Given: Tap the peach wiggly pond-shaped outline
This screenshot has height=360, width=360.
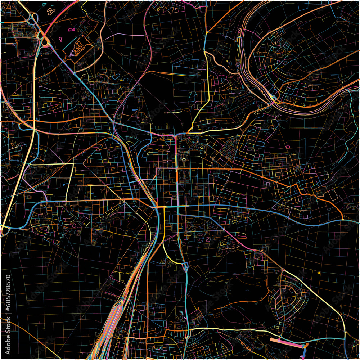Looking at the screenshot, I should coord(51,11).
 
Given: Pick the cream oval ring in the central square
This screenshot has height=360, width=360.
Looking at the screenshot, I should coord(184,159).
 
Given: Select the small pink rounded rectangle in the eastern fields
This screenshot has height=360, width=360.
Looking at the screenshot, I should coord(288,147).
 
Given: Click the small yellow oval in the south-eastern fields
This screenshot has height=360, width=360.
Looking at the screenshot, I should coord(319,273).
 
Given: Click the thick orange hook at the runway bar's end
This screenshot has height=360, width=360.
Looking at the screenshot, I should coord(306,346).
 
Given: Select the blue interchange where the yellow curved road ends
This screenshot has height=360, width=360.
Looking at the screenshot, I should coord(186,267).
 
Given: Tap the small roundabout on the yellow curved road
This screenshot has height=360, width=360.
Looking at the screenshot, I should coord(167,256).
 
